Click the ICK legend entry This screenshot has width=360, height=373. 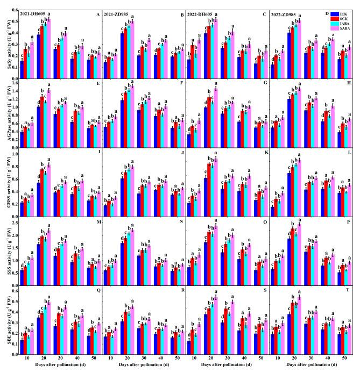[x=342, y=12]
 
